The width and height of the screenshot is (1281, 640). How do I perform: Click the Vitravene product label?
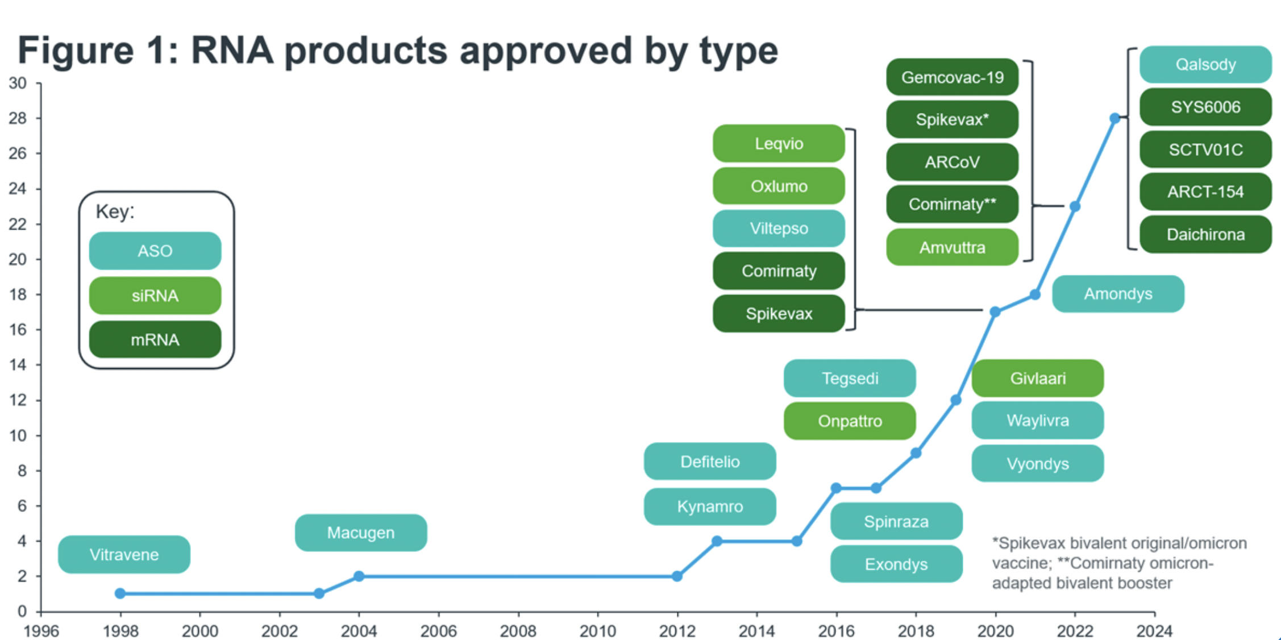(124, 554)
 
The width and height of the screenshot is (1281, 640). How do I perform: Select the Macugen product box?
(361, 533)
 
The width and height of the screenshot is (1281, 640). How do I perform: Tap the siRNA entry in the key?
(155, 296)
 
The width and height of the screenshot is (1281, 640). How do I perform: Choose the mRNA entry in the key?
(155, 340)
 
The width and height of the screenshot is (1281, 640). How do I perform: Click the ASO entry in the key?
(155, 251)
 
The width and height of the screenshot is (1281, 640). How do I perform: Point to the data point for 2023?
(1115, 118)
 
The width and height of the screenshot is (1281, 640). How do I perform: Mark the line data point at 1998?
(120, 593)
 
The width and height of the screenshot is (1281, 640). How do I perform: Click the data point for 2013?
(717, 541)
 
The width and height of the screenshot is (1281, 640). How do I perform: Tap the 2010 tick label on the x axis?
(597, 631)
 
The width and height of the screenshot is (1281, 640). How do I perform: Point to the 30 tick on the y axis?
(18, 84)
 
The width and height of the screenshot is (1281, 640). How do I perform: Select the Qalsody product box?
(1205, 64)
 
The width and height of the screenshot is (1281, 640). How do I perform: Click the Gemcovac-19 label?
(953, 77)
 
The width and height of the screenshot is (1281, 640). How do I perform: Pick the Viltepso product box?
(779, 228)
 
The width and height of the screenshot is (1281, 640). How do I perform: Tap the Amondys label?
(1118, 294)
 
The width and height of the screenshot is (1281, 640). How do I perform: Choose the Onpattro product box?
(850, 421)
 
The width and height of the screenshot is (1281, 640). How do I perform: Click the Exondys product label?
(896, 564)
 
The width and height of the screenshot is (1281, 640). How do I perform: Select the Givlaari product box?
(1038, 378)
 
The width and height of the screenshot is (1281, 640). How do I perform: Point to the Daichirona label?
(1205, 234)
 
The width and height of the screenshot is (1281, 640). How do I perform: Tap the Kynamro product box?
(710, 506)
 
